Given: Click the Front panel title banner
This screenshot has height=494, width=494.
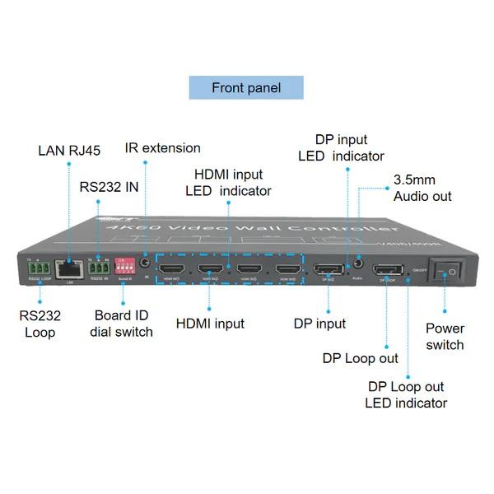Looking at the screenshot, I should [246, 87].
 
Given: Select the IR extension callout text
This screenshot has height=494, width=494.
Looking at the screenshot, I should [162, 148].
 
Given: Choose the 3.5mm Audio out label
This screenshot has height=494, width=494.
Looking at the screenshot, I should [422, 188].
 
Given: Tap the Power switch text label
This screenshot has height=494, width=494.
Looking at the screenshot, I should [445, 336].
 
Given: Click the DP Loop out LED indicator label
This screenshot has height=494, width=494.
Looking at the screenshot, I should [406, 394].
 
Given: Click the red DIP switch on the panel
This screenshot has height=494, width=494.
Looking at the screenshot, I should [125, 265].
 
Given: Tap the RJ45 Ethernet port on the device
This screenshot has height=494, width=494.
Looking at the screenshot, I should [68, 268].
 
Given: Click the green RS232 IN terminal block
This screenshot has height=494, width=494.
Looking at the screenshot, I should [100, 267].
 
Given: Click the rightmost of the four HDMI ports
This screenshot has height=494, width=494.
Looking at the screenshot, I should [287, 270].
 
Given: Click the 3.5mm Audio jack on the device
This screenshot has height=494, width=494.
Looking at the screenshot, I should [357, 267].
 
